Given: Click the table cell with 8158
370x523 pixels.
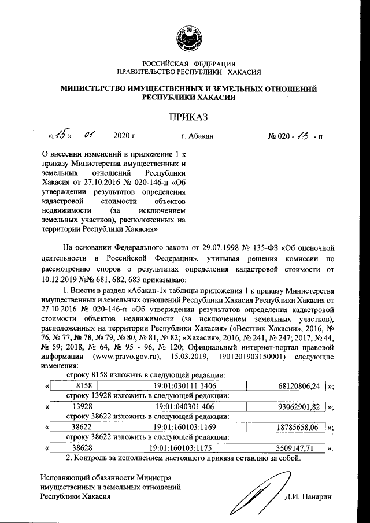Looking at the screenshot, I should [x=75, y=385].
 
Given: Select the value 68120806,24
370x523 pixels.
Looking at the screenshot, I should [x=296, y=385].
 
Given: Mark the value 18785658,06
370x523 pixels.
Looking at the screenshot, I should [x=296, y=427].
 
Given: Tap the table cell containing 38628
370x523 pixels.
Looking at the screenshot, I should [x=75, y=448].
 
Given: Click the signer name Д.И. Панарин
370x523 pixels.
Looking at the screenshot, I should [x=312, y=496].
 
